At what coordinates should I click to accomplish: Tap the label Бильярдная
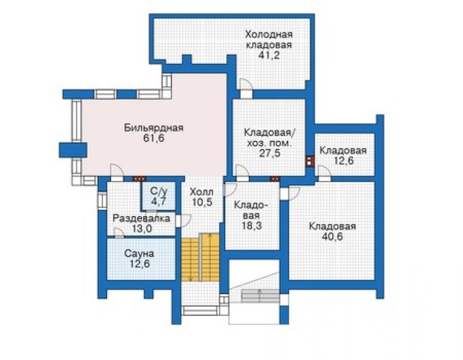click(x=153, y=128)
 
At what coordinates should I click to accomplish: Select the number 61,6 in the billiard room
click(x=153, y=138)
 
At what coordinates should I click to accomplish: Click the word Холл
click(x=201, y=192)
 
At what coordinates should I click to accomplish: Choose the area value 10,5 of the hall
click(x=202, y=202)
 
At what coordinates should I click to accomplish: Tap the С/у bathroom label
click(x=159, y=191)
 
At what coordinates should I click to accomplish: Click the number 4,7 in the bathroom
click(x=159, y=201)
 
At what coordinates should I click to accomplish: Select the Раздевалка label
click(x=141, y=219)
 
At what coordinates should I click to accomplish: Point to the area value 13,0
click(x=141, y=229)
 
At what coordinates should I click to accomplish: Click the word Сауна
click(x=139, y=254)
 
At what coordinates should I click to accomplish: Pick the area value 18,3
click(x=252, y=225)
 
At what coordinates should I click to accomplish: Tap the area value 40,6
click(x=332, y=237)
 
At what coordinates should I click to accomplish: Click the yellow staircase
click(x=200, y=257)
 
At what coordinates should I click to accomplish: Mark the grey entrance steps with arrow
click(x=260, y=296)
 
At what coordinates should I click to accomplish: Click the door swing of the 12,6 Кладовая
click(x=324, y=173)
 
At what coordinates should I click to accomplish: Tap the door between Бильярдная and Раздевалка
click(x=116, y=172)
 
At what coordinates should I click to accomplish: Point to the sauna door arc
click(x=120, y=232)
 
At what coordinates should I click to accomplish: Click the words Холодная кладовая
click(x=268, y=39)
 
